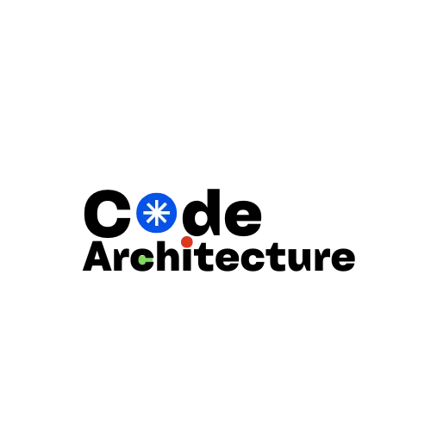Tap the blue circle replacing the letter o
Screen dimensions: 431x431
point(157,213)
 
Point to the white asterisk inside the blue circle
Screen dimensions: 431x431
point(157,213)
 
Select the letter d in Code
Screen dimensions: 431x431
point(201,212)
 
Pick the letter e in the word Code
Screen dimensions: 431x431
point(243,218)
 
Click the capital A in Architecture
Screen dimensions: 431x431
point(97,256)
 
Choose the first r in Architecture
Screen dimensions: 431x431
point(120,259)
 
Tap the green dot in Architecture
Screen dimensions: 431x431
point(142,259)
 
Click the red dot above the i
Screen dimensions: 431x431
point(187,242)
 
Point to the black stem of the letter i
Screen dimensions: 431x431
point(187,259)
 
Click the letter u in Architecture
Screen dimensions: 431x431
point(299,260)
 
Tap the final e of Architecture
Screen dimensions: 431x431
point(343,259)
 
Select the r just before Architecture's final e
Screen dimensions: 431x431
point(322,259)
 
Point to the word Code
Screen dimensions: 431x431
point(172,213)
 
